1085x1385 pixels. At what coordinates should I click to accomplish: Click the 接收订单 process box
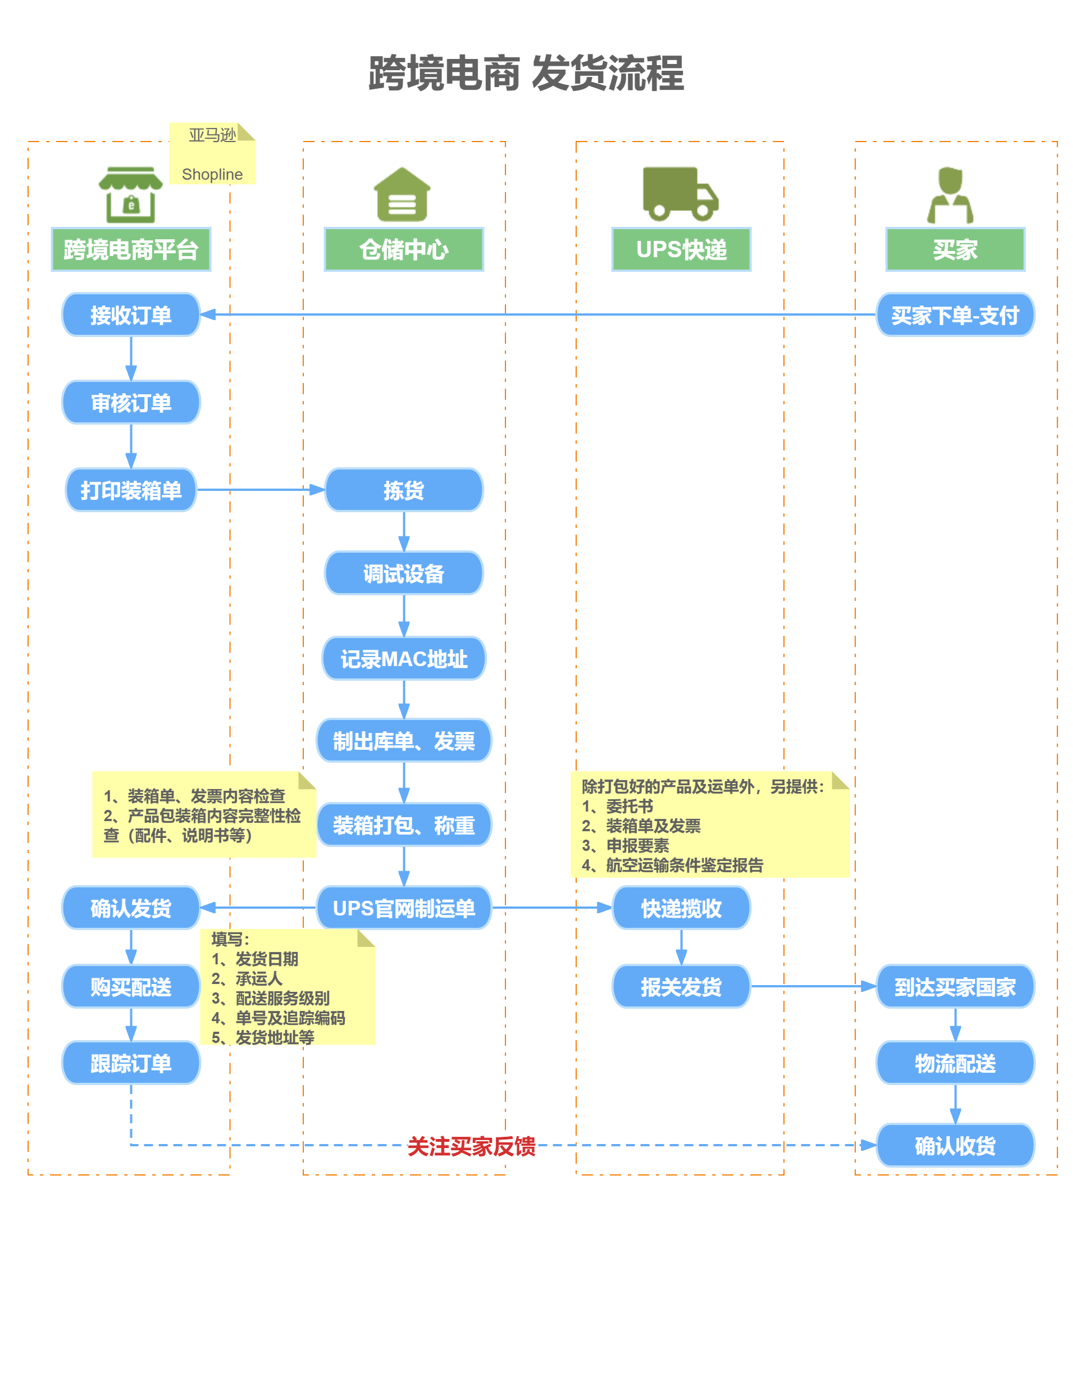pos(131,315)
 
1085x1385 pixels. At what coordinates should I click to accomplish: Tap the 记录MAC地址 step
pos(404,659)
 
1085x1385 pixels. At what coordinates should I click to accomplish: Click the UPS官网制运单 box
pos(404,908)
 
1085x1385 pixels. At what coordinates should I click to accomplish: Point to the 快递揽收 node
pos(681,908)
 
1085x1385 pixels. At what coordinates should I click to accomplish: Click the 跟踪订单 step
pos(131,1063)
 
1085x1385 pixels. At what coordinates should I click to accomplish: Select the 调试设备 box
pos(404,573)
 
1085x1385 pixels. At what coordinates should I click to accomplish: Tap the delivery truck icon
pos(680,194)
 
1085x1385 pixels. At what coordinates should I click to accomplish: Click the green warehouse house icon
pos(402,194)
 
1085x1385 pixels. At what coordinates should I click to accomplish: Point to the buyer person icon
pos(950,195)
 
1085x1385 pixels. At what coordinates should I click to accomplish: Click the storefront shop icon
pos(131,195)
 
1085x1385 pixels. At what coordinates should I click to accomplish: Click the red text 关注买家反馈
pos(471,1146)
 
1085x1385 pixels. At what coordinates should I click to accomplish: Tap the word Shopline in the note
pos(212,174)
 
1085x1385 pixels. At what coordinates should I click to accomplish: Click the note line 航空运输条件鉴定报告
pos(684,865)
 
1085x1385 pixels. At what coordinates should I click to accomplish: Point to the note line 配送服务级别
pos(282,997)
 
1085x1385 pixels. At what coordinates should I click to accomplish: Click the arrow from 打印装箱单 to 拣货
pos(261,490)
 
